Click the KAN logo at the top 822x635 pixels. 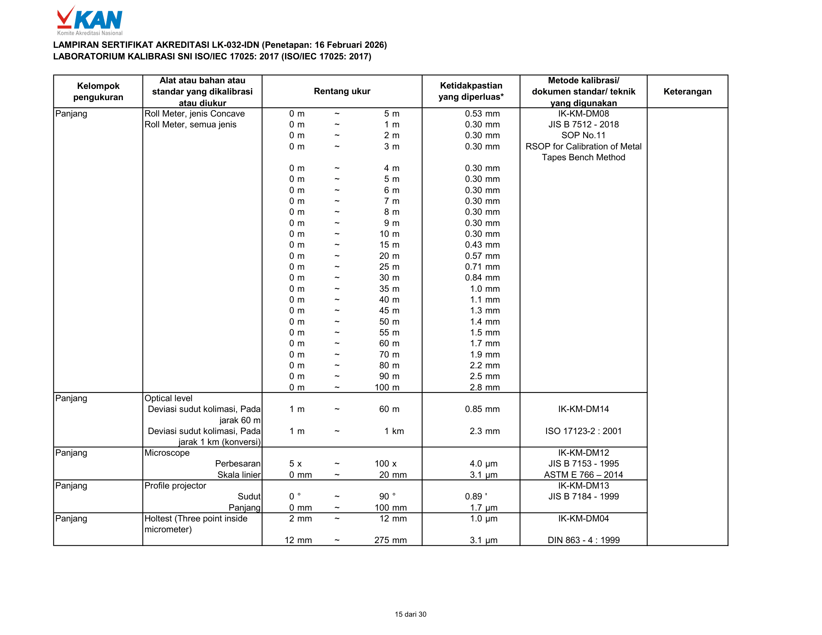point(90,20)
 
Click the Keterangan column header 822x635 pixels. point(687,92)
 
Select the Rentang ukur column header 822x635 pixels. point(342,91)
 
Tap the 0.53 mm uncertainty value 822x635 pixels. point(482,114)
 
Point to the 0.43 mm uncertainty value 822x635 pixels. point(482,245)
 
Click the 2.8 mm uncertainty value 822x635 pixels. point(484,387)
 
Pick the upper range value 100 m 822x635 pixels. point(387,387)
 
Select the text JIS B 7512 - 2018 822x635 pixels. point(583,124)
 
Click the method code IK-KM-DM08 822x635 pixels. point(583,114)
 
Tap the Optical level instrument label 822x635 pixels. point(168,398)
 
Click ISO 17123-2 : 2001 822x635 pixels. point(583,431)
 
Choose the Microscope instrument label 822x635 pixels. point(167,453)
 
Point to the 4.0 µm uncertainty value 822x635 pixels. point(483,464)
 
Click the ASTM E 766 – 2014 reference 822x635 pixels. point(583,475)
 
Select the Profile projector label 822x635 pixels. point(175,486)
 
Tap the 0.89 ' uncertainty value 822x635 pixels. point(476,496)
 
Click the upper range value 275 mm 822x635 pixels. point(390,540)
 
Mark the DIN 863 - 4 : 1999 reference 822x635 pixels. point(583,540)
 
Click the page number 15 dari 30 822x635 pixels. point(410,614)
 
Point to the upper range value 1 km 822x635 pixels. point(394,431)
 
